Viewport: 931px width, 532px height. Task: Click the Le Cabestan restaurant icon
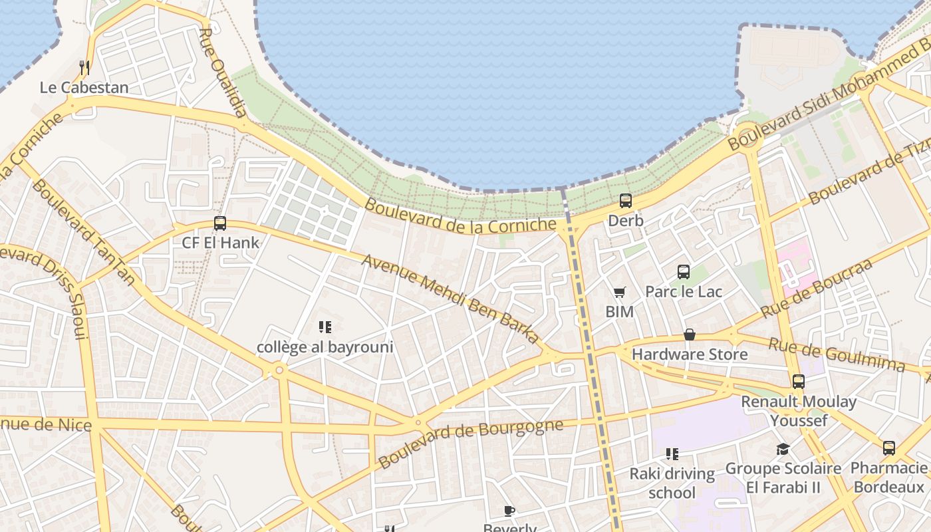[84, 67]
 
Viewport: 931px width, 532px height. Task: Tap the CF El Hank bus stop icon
[220, 223]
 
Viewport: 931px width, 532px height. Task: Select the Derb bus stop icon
[626, 200]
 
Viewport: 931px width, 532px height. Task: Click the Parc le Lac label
[684, 291]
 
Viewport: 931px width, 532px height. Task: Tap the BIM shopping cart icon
[620, 292]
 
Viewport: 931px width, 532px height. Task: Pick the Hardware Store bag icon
[690, 334]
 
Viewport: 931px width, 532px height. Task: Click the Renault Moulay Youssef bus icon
[799, 382]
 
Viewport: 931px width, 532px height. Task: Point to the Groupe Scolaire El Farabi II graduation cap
[783, 450]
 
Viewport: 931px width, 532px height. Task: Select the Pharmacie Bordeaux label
[889, 477]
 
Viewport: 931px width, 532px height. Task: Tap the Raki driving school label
[672, 483]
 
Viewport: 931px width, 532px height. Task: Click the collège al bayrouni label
[325, 347]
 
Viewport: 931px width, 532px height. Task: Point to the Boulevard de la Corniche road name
[460, 216]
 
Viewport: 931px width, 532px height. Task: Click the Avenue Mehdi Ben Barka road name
[451, 299]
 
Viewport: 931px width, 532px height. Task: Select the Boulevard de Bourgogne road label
[471, 443]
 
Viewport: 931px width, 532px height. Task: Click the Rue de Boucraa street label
[816, 288]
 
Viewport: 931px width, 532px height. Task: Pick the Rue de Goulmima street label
[837, 355]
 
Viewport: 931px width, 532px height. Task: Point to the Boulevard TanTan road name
[82, 233]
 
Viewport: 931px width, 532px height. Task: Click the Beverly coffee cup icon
[509, 511]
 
